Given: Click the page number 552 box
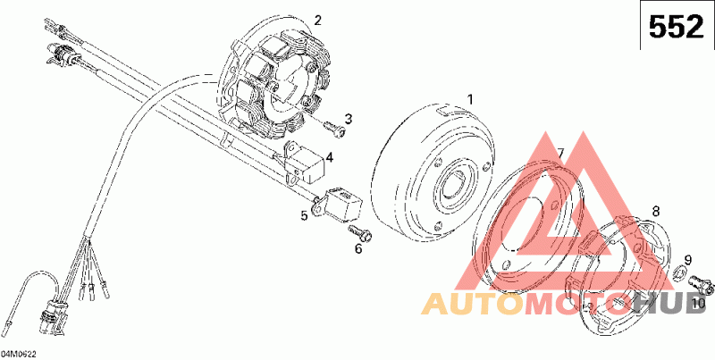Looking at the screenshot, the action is point(676,28).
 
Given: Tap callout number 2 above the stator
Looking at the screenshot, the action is point(317,20).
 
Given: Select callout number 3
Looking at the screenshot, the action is point(348,119).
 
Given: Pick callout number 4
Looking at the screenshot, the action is point(330,158).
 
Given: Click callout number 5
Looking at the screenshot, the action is point(304,215).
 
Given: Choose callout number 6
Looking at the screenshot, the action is point(359,248).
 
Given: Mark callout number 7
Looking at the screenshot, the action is point(559,155).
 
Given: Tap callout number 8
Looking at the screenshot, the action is point(655,212).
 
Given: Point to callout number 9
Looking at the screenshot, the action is point(688,260).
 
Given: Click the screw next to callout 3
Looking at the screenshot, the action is point(332,129).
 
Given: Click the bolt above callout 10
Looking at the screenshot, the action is point(703,286).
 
